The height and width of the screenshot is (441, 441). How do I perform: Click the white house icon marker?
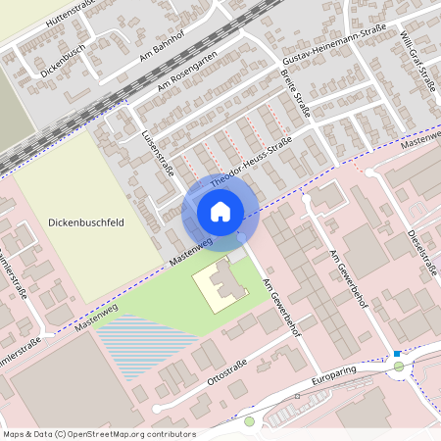(x=220, y=211)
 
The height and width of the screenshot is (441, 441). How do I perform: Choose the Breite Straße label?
(x=294, y=93)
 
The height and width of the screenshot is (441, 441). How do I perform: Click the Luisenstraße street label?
(x=158, y=157)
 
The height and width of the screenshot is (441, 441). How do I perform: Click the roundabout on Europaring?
(x=398, y=368)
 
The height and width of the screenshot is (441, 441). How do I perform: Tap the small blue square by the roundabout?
(x=396, y=353)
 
